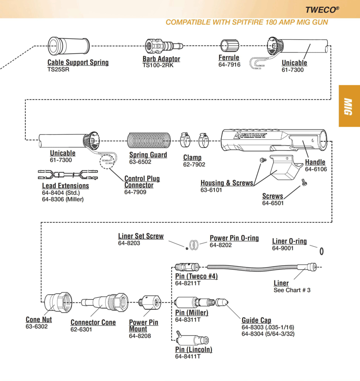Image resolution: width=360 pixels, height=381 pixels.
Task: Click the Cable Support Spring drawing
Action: pos(69,46)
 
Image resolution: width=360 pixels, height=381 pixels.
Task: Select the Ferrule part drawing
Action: pos(229,46)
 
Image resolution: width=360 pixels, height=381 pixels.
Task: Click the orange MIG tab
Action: pos(349,106)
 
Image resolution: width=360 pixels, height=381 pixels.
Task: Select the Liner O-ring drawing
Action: pos(322,251)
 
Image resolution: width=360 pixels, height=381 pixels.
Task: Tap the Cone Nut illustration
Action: pos(58,302)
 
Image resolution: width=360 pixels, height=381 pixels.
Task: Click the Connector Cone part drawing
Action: pos(105,303)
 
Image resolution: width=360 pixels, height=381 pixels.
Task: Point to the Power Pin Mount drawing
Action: pos(150,303)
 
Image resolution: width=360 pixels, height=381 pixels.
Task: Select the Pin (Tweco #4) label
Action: pos(196,277)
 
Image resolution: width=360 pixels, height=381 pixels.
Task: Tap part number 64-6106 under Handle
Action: pos(316,169)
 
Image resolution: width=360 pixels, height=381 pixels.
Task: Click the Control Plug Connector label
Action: pos(142,182)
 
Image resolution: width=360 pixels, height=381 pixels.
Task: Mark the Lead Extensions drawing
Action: pos(68,174)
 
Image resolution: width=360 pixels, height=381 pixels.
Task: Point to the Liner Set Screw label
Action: pos(141,236)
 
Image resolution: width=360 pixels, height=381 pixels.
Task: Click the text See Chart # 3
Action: pos(292,290)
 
